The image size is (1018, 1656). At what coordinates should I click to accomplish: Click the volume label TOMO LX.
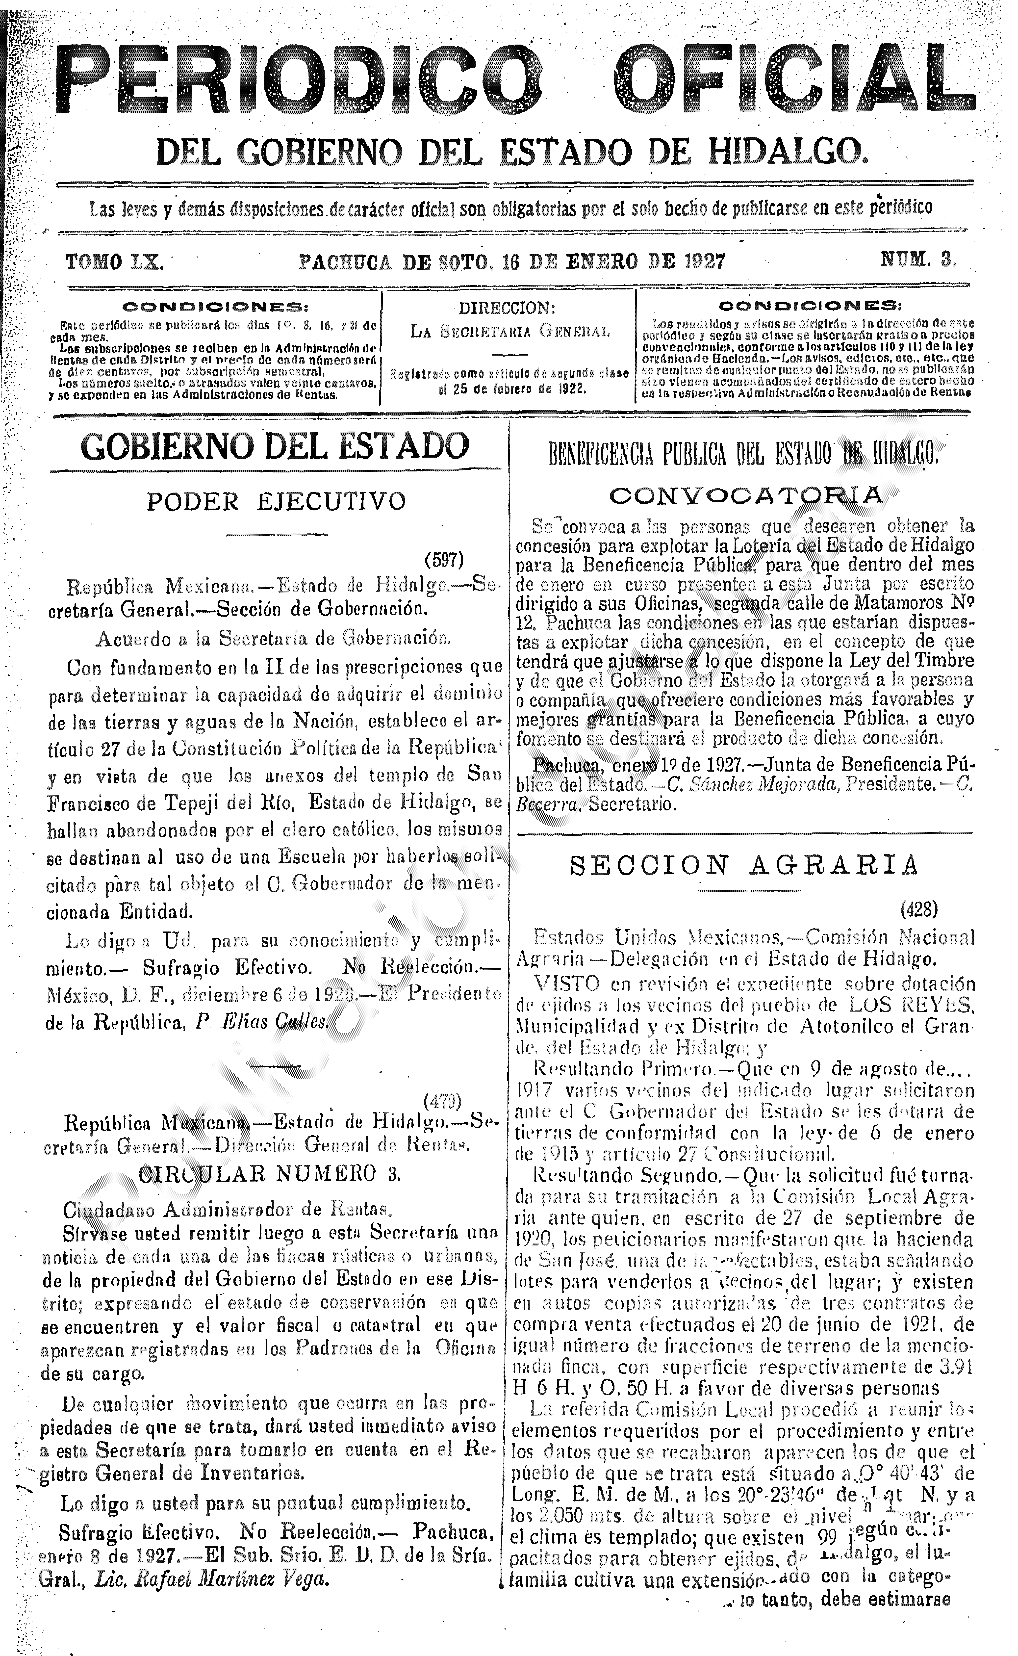click(x=114, y=261)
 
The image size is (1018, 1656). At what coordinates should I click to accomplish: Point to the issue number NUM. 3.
click(x=919, y=260)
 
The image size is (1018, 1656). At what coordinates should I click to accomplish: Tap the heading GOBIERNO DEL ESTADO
click(x=275, y=446)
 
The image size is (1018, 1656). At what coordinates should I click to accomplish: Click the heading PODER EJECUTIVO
click(x=276, y=501)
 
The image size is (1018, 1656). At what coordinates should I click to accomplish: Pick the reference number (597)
click(x=444, y=559)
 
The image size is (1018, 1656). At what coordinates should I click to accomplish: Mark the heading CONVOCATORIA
click(x=745, y=495)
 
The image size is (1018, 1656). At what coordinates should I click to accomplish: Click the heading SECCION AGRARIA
click(x=744, y=866)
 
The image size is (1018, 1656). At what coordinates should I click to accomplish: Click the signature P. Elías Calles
click(x=263, y=1023)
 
